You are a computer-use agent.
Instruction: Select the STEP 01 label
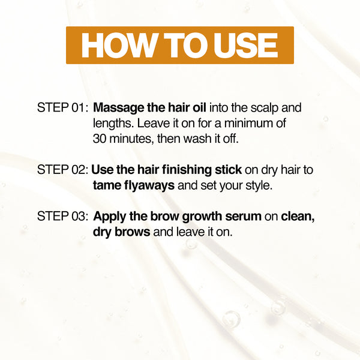(62, 109)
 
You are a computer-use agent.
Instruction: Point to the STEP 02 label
(62, 170)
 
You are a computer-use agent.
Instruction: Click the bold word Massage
(119, 109)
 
